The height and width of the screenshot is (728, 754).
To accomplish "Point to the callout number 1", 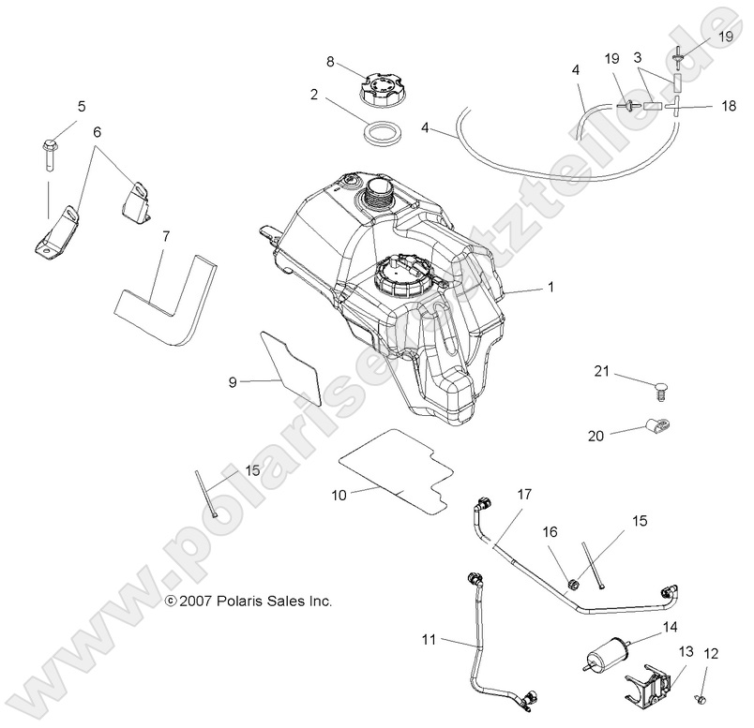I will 550,289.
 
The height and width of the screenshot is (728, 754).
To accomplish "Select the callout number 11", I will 428,640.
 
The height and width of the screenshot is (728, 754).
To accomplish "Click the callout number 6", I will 96,132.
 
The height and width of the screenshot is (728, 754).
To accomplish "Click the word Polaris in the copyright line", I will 234,601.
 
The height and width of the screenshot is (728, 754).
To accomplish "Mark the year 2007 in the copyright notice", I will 194,601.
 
